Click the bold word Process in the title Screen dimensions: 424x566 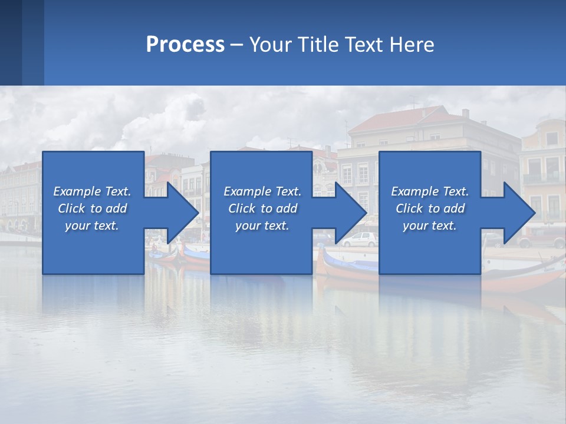185,45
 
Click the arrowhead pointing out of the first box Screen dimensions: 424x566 183,213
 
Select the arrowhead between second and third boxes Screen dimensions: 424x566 351,213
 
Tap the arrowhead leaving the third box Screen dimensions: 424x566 519,213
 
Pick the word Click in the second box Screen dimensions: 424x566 242,208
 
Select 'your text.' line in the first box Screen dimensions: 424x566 92,226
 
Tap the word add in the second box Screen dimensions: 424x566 287,208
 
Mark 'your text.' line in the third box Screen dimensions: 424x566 430,226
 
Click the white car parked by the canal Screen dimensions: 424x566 360,239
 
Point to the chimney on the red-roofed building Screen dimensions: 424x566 465,113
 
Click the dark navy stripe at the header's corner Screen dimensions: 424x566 11,42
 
